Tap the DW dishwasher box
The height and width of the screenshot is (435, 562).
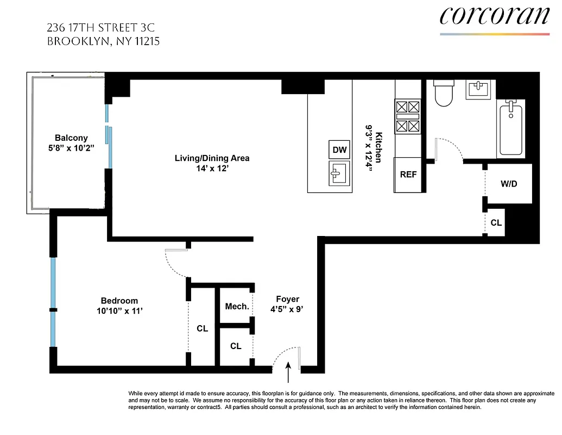tap(339, 150)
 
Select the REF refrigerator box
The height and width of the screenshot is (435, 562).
tap(408, 175)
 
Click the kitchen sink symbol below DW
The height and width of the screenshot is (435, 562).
tap(339, 173)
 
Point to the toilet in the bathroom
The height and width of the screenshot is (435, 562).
tap(444, 94)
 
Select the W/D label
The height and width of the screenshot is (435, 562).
tap(509, 184)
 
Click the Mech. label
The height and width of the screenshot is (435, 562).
tap(237, 307)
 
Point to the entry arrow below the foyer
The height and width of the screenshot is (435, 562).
tap(288, 375)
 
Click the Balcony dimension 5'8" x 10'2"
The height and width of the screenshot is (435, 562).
tap(71, 148)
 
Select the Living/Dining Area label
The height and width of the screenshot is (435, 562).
tap(212, 158)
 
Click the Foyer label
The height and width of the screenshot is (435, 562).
tap(287, 299)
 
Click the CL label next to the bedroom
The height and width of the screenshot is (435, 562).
tap(202, 328)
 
